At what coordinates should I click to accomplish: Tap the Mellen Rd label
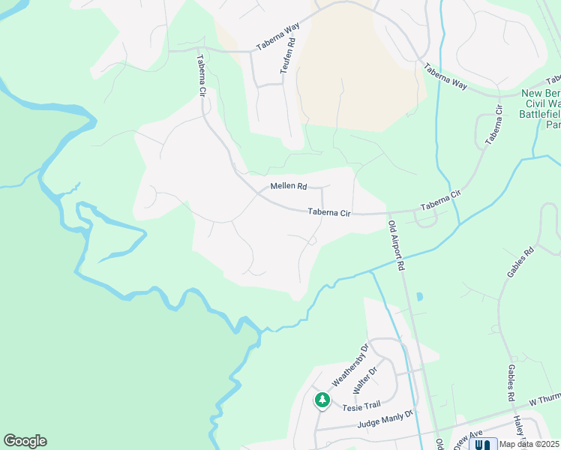[x=289, y=186]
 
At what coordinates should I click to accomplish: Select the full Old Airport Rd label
[x=397, y=244]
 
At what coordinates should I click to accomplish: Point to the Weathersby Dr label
[x=350, y=364]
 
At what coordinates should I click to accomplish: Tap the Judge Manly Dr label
[x=376, y=421]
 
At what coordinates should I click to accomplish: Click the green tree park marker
[x=322, y=400]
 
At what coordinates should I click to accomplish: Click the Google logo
[x=25, y=441]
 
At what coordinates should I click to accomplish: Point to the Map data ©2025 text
[x=529, y=444]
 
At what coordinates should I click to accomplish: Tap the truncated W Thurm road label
[x=544, y=400]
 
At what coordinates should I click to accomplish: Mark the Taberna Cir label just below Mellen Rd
[x=329, y=213]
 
